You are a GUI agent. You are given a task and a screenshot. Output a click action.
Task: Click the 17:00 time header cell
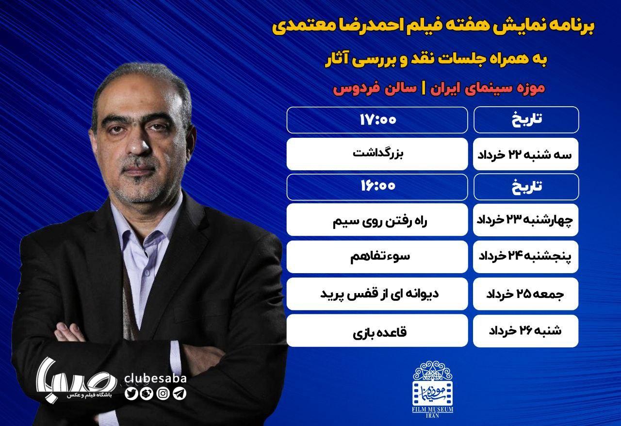pyautogui.click(x=377, y=120)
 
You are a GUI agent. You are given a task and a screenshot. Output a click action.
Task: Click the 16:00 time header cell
pyautogui.click(x=377, y=187)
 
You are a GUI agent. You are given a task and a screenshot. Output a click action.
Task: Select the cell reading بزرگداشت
pyautogui.click(x=377, y=154)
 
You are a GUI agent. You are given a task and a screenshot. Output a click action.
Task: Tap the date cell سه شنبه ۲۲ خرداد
pyautogui.click(x=525, y=154)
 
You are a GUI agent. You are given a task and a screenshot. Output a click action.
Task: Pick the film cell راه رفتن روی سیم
pyautogui.click(x=377, y=220)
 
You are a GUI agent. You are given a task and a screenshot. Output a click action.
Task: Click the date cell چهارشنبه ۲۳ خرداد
pyautogui.click(x=525, y=220)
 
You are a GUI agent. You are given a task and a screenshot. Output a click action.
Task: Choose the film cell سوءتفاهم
pyautogui.click(x=377, y=257)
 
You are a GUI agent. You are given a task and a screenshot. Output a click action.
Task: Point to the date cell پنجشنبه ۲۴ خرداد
pyautogui.click(x=525, y=257)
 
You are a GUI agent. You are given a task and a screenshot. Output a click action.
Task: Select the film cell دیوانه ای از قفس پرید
pyautogui.click(x=377, y=294)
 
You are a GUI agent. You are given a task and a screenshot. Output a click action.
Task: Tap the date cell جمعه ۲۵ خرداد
pyautogui.click(x=525, y=294)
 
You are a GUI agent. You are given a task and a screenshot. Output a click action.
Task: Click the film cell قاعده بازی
pyautogui.click(x=377, y=330)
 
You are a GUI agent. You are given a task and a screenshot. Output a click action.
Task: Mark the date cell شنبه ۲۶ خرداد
pyautogui.click(x=525, y=330)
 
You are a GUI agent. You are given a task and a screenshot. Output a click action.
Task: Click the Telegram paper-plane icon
pyautogui.click(x=180, y=393)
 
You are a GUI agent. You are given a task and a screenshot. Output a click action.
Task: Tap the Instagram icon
pyautogui.click(x=163, y=393)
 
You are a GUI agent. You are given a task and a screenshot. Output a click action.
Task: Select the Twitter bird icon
pyautogui.click(x=131, y=393)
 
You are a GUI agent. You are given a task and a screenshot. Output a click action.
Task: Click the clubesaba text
pyautogui.click(x=156, y=378)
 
